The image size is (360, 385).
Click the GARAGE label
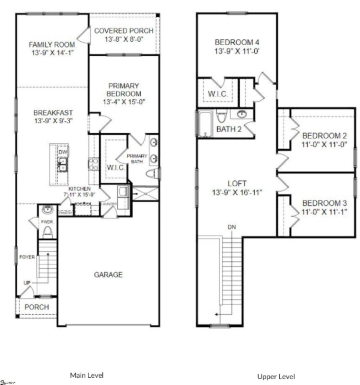(x=108, y=275)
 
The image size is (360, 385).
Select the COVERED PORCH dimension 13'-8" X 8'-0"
(x=124, y=40)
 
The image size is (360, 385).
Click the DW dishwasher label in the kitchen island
(x=62, y=153)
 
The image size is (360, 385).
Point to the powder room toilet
(x=47, y=232)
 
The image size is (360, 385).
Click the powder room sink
(x=47, y=210)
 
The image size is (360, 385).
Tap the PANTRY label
(x=65, y=212)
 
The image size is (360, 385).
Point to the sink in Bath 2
(x=241, y=115)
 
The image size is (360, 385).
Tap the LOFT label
(x=237, y=184)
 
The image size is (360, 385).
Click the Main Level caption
(x=87, y=375)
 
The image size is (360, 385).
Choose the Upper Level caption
(x=276, y=376)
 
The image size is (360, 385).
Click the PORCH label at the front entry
(x=37, y=307)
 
